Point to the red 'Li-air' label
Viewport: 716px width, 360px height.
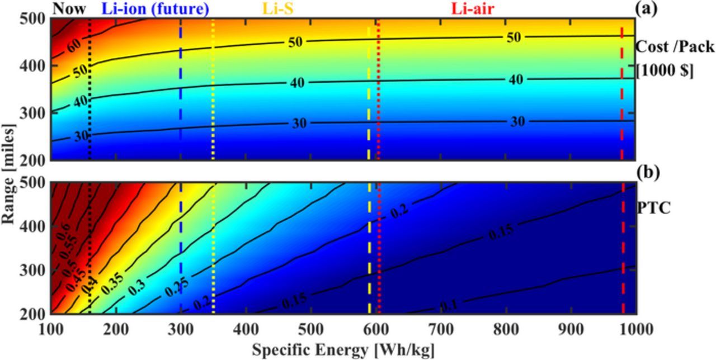point(473,8)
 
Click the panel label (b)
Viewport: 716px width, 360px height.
point(648,171)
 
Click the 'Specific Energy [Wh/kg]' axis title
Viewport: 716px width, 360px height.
point(343,350)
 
